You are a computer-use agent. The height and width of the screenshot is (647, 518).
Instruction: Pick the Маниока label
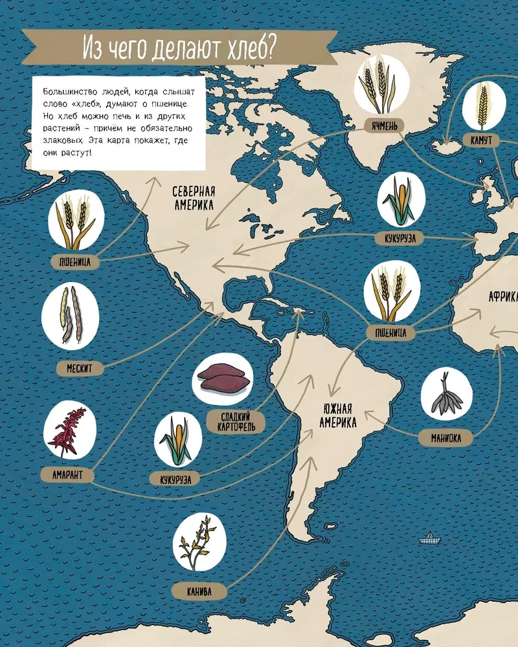(446, 438)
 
